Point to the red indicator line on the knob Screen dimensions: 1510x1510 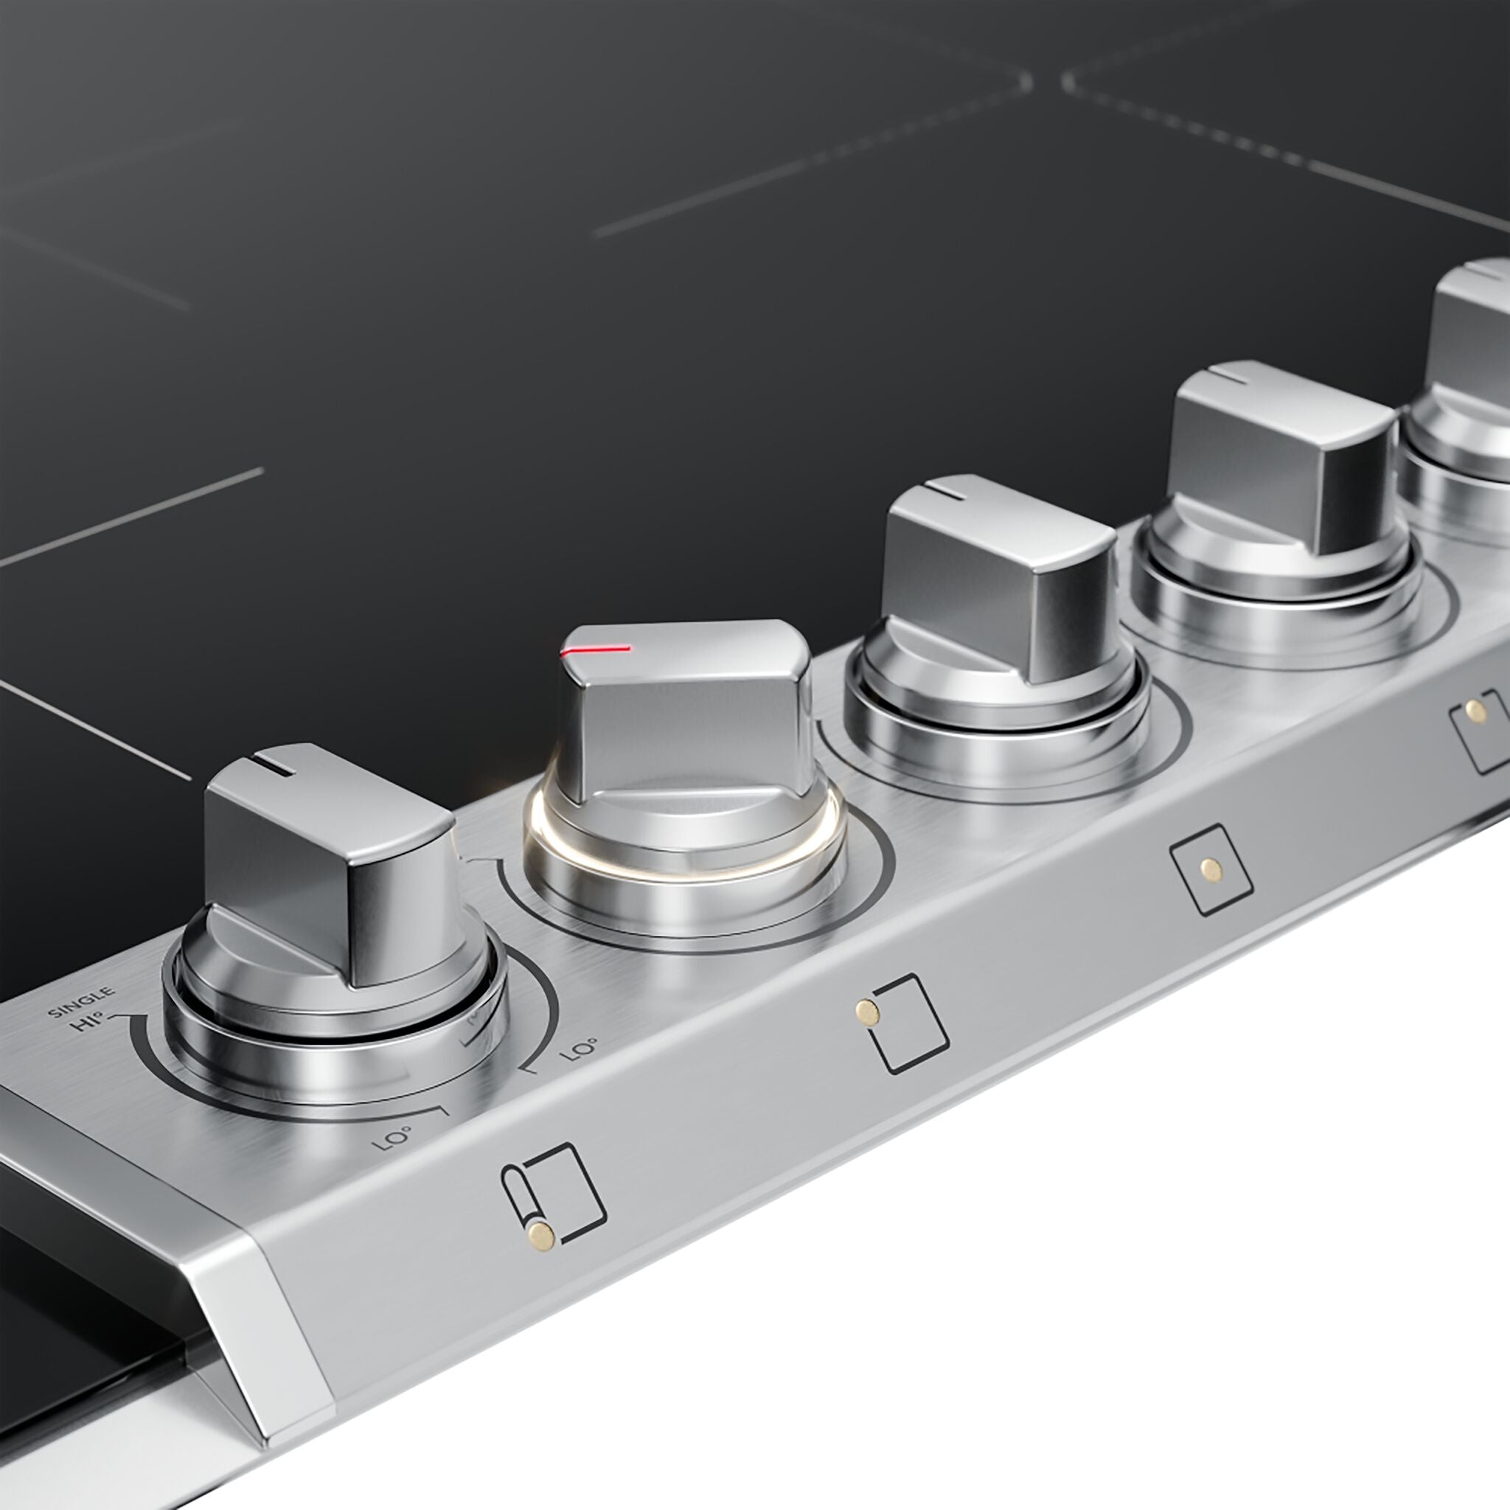tap(596, 650)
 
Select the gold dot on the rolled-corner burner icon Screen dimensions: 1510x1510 tap(539, 1234)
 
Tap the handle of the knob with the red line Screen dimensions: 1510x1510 tap(688, 711)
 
